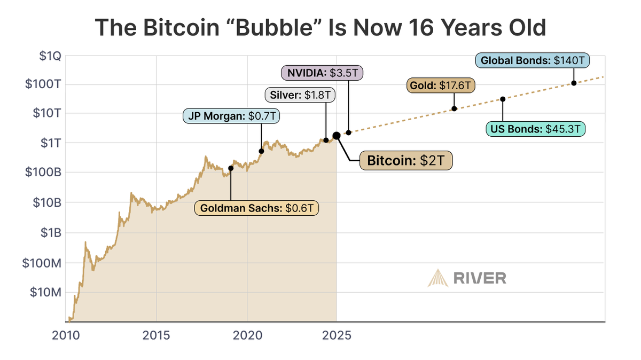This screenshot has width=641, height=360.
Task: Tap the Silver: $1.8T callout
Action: click(x=300, y=95)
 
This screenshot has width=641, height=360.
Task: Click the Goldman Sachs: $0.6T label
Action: click(x=256, y=208)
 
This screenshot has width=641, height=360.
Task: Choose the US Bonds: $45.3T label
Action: click(x=536, y=129)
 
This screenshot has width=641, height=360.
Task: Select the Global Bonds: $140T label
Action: click(x=532, y=61)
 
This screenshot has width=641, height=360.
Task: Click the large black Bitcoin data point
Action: click(x=337, y=136)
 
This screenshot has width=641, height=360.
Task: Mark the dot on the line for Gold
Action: click(x=454, y=108)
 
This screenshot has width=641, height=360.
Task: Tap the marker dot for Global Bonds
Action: click(x=574, y=83)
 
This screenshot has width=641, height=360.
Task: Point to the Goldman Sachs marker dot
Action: click(x=231, y=168)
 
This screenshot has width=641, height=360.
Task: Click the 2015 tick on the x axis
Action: click(x=157, y=336)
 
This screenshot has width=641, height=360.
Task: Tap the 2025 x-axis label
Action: click(x=337, y=336)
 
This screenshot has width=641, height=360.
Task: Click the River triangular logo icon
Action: click(x=437, y=278)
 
